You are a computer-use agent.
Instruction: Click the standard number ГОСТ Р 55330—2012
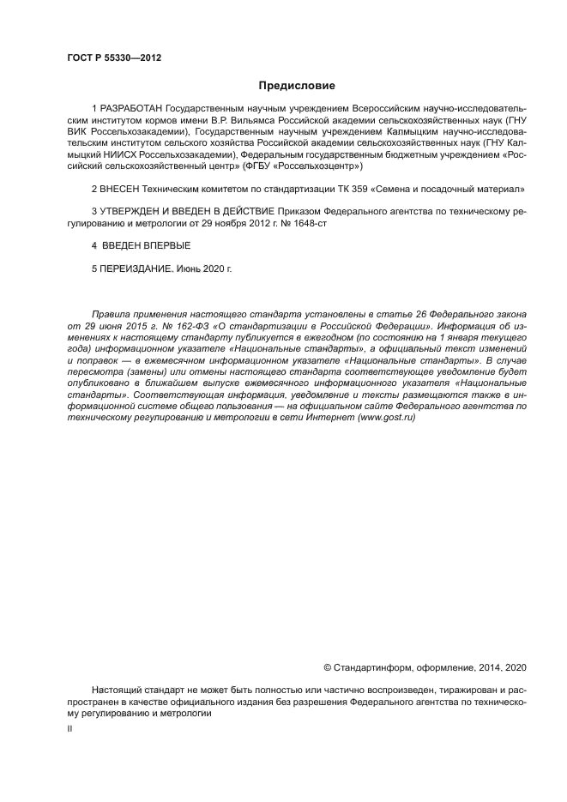click(x=114, y=57)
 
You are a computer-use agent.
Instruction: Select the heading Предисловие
click(x=297, y=86)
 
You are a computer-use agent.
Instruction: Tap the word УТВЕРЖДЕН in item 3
click(x=130, y=210)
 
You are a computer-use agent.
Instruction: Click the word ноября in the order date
click(x=235, y=221)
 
